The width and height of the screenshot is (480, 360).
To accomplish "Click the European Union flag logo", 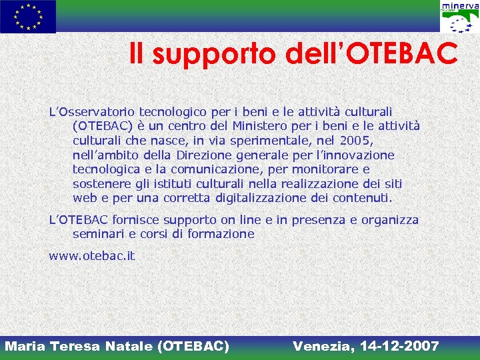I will pos(28,17).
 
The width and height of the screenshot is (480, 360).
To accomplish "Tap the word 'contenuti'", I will pos(367,198).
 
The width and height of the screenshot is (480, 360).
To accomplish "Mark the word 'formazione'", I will pos(223,234).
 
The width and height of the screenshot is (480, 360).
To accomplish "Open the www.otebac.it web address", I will pos(91,256).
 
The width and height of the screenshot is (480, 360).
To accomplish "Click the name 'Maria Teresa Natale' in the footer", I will pos(80,346).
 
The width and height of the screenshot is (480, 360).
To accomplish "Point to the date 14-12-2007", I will pos(399,346).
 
